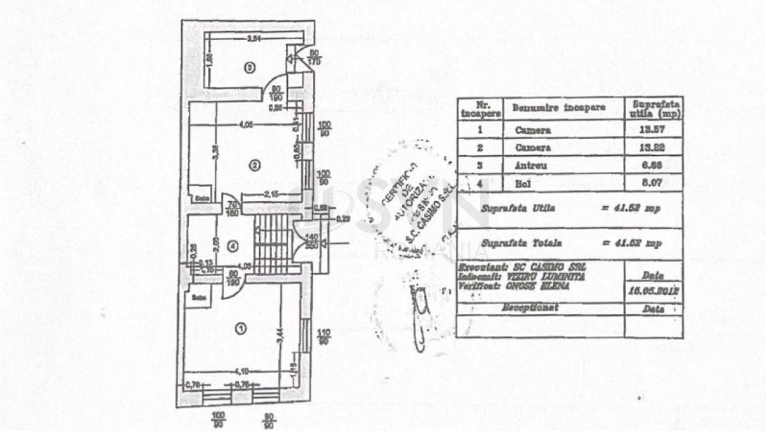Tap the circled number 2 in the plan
pyautogui.click(x=254, y=166)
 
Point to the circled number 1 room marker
pyautogui.click(x=241, y=329)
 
